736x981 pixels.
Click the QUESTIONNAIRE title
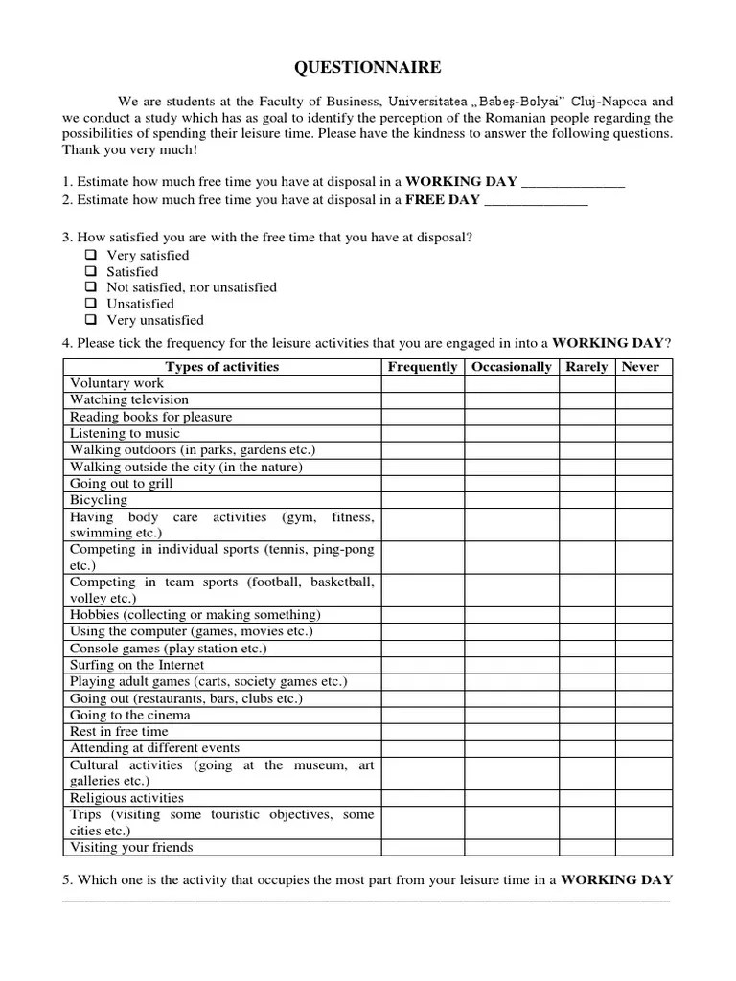367,67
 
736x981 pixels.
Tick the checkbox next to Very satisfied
91,256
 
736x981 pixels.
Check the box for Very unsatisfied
91,320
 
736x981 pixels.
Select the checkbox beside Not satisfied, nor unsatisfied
91,287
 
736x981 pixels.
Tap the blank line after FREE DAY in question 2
536,201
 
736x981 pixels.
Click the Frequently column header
423,367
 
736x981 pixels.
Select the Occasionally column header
512,367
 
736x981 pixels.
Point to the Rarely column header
586,367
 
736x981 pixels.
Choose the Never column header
642,367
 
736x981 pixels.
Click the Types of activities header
221,367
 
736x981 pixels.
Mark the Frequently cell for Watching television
423,400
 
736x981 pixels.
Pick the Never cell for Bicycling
642,500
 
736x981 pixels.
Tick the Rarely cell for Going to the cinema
586,716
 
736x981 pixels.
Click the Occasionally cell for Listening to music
512,434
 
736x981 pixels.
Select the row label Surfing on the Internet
136,665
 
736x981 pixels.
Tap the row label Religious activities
126,798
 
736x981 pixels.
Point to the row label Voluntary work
117,383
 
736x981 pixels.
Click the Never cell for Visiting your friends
642,848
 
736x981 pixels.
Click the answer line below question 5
367,900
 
